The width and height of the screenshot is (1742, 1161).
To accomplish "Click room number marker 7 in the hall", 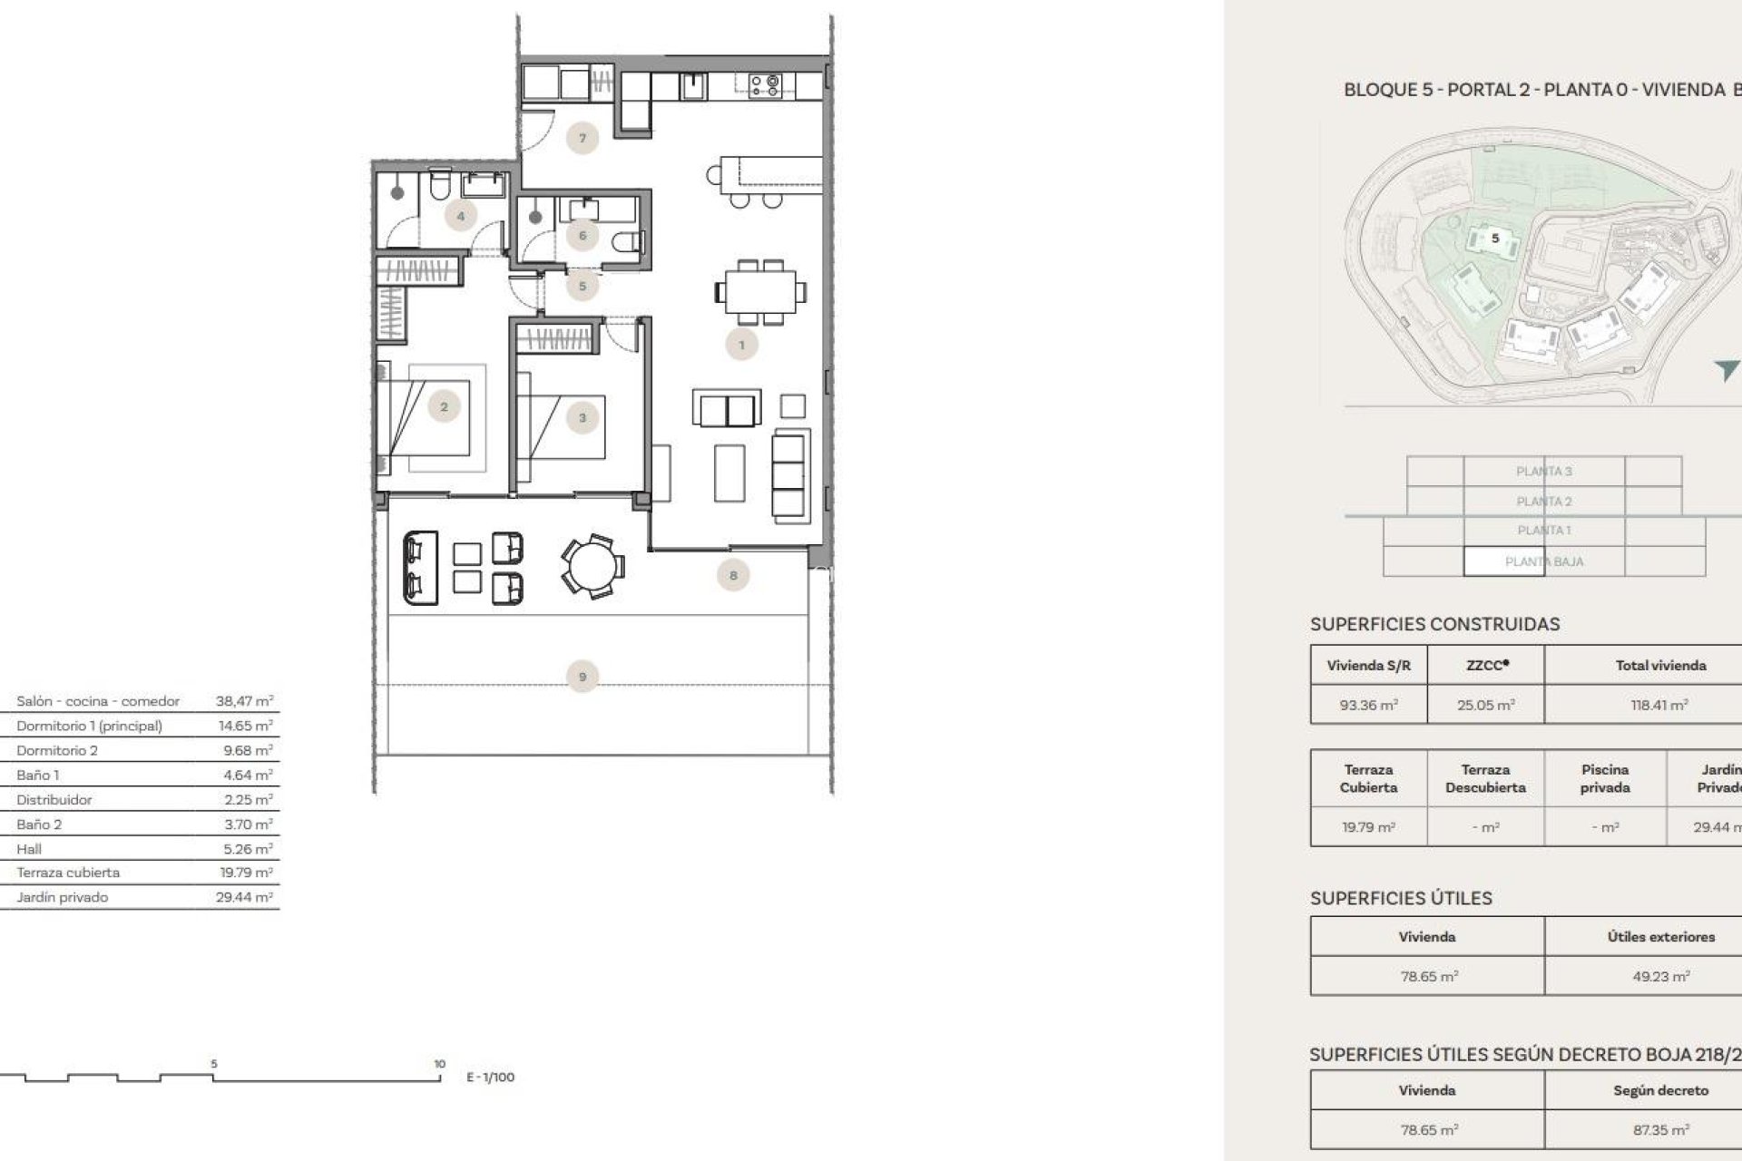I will (x=582, y=139).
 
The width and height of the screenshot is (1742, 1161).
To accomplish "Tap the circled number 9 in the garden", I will (x=582, y=677).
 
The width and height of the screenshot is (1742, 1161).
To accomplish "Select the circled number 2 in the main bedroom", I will (x=444, y=407).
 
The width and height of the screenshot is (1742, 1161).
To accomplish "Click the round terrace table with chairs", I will (x=592, y=566).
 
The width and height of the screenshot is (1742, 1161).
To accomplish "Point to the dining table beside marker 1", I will (x=760, y=292).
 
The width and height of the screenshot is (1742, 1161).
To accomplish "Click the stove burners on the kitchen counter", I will (x=765, y=85).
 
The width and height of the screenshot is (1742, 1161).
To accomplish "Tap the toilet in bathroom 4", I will (x=439, y=186).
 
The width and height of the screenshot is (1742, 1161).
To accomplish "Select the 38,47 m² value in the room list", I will (x=244, y=701).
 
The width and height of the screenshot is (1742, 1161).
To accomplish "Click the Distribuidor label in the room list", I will (x=54, y=800).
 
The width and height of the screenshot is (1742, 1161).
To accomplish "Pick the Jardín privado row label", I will (x=62, y=897).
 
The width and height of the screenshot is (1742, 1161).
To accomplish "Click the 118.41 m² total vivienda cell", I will (x=1659, y=705).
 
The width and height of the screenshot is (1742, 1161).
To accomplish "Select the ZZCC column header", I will (x=1486, y=665).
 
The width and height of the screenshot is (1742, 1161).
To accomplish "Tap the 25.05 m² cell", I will (x=1486, y=705).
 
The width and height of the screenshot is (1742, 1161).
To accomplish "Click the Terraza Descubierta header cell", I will (x=1485, y=778).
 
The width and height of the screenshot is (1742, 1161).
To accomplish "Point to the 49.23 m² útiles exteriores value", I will (x=1660, y=977).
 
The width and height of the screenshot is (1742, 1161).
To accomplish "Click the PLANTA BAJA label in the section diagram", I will (x=1543, y=561).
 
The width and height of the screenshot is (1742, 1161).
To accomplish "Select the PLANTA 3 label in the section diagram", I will (x=1543, y=471).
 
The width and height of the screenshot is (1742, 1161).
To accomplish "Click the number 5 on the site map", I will (x=1496, y=239).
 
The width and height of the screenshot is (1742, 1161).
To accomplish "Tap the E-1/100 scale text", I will (x=490, y=1078).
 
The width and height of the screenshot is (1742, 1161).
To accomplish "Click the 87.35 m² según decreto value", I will (x=1660, y=1130).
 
